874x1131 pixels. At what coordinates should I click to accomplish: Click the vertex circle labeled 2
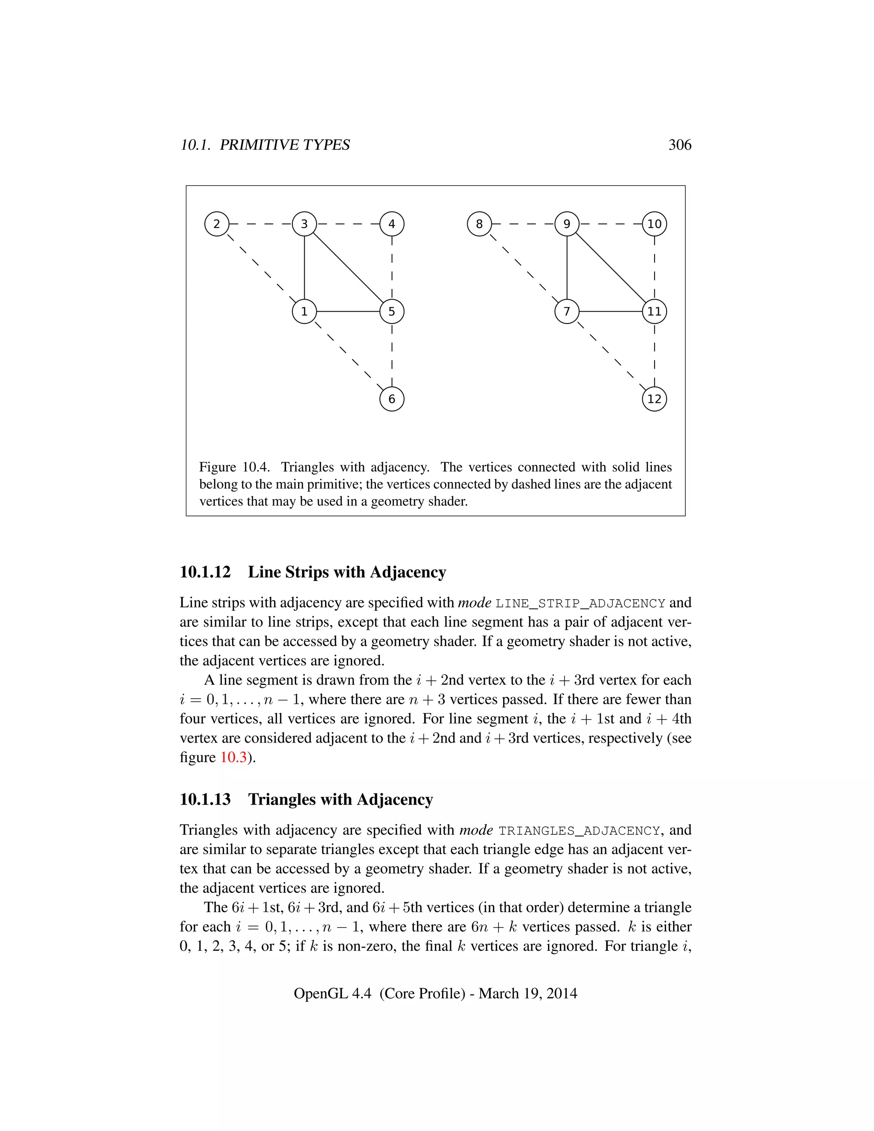tap(216, 224)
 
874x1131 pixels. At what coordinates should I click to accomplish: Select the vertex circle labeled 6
tap(391, 399)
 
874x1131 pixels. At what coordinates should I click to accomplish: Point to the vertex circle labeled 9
tap(566, 224)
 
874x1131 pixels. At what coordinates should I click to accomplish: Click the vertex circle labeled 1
tap(304, 311)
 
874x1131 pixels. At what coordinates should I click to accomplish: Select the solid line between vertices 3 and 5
tap(348, 268)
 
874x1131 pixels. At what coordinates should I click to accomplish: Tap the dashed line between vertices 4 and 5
tap(391, 268)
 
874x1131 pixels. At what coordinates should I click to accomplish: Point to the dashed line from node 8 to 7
tap(523, 268)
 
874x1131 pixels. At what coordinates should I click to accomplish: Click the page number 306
tap(679, 145)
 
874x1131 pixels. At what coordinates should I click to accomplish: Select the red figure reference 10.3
tap(233, 757)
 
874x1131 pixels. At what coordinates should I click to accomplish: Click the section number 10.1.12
tap(205, 572)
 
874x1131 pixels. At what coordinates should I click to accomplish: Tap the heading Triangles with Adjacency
tap(340, 799)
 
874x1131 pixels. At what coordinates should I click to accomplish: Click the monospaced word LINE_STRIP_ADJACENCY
tap(580, 603)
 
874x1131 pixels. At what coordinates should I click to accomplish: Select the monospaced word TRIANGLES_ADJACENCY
tap(579, 831)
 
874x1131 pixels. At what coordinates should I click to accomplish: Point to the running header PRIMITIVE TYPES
tap(285, 145)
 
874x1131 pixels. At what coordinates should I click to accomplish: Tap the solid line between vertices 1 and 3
tap(304, 268)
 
